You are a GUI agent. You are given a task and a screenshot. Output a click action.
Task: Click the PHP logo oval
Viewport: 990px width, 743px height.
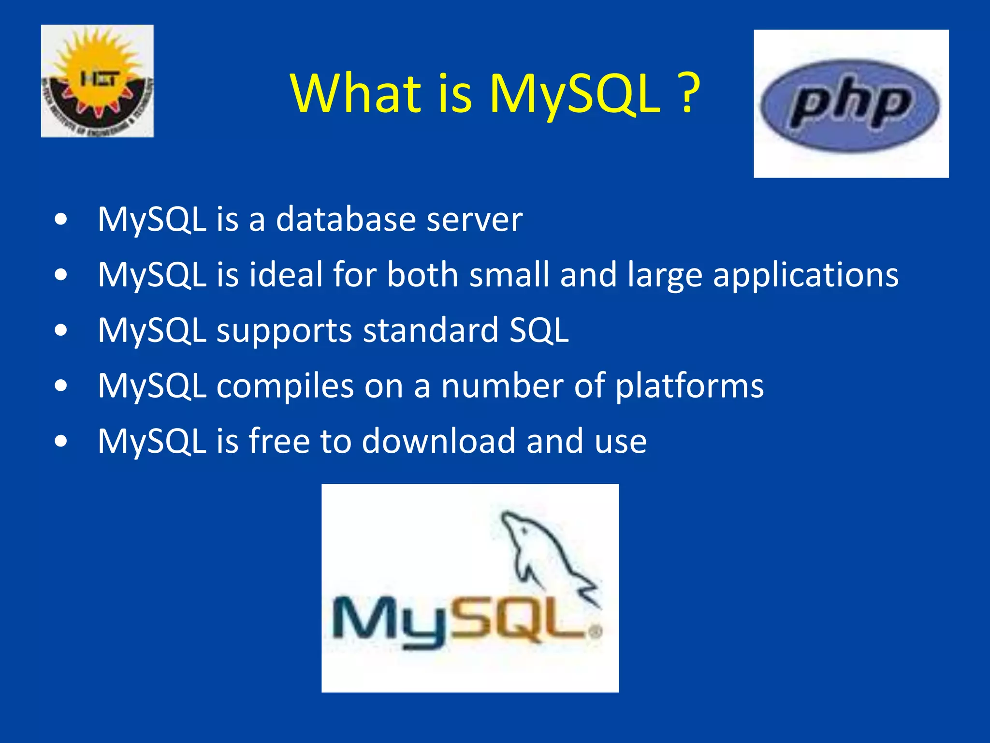click(850, 105)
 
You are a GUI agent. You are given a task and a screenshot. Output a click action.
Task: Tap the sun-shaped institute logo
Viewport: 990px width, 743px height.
click(97, 81)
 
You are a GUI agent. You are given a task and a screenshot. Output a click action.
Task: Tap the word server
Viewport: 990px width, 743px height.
click(474, 220)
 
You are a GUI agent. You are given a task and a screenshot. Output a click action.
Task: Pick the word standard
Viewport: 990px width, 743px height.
click(431, 330)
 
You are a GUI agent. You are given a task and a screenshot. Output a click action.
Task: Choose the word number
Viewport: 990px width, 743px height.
click(502, 386)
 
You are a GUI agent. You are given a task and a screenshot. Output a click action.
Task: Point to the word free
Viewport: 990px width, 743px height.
click(279, 441)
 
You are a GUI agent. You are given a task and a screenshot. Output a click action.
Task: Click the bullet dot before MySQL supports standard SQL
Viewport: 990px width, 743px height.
click(61, 330)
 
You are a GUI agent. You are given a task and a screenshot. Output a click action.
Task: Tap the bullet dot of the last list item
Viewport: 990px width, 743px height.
click(61, 441)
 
